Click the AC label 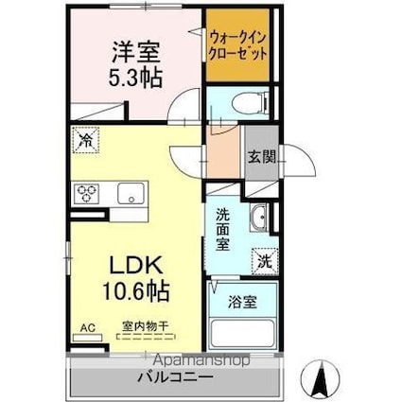click(87, 328)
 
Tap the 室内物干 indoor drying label click(145, 327)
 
